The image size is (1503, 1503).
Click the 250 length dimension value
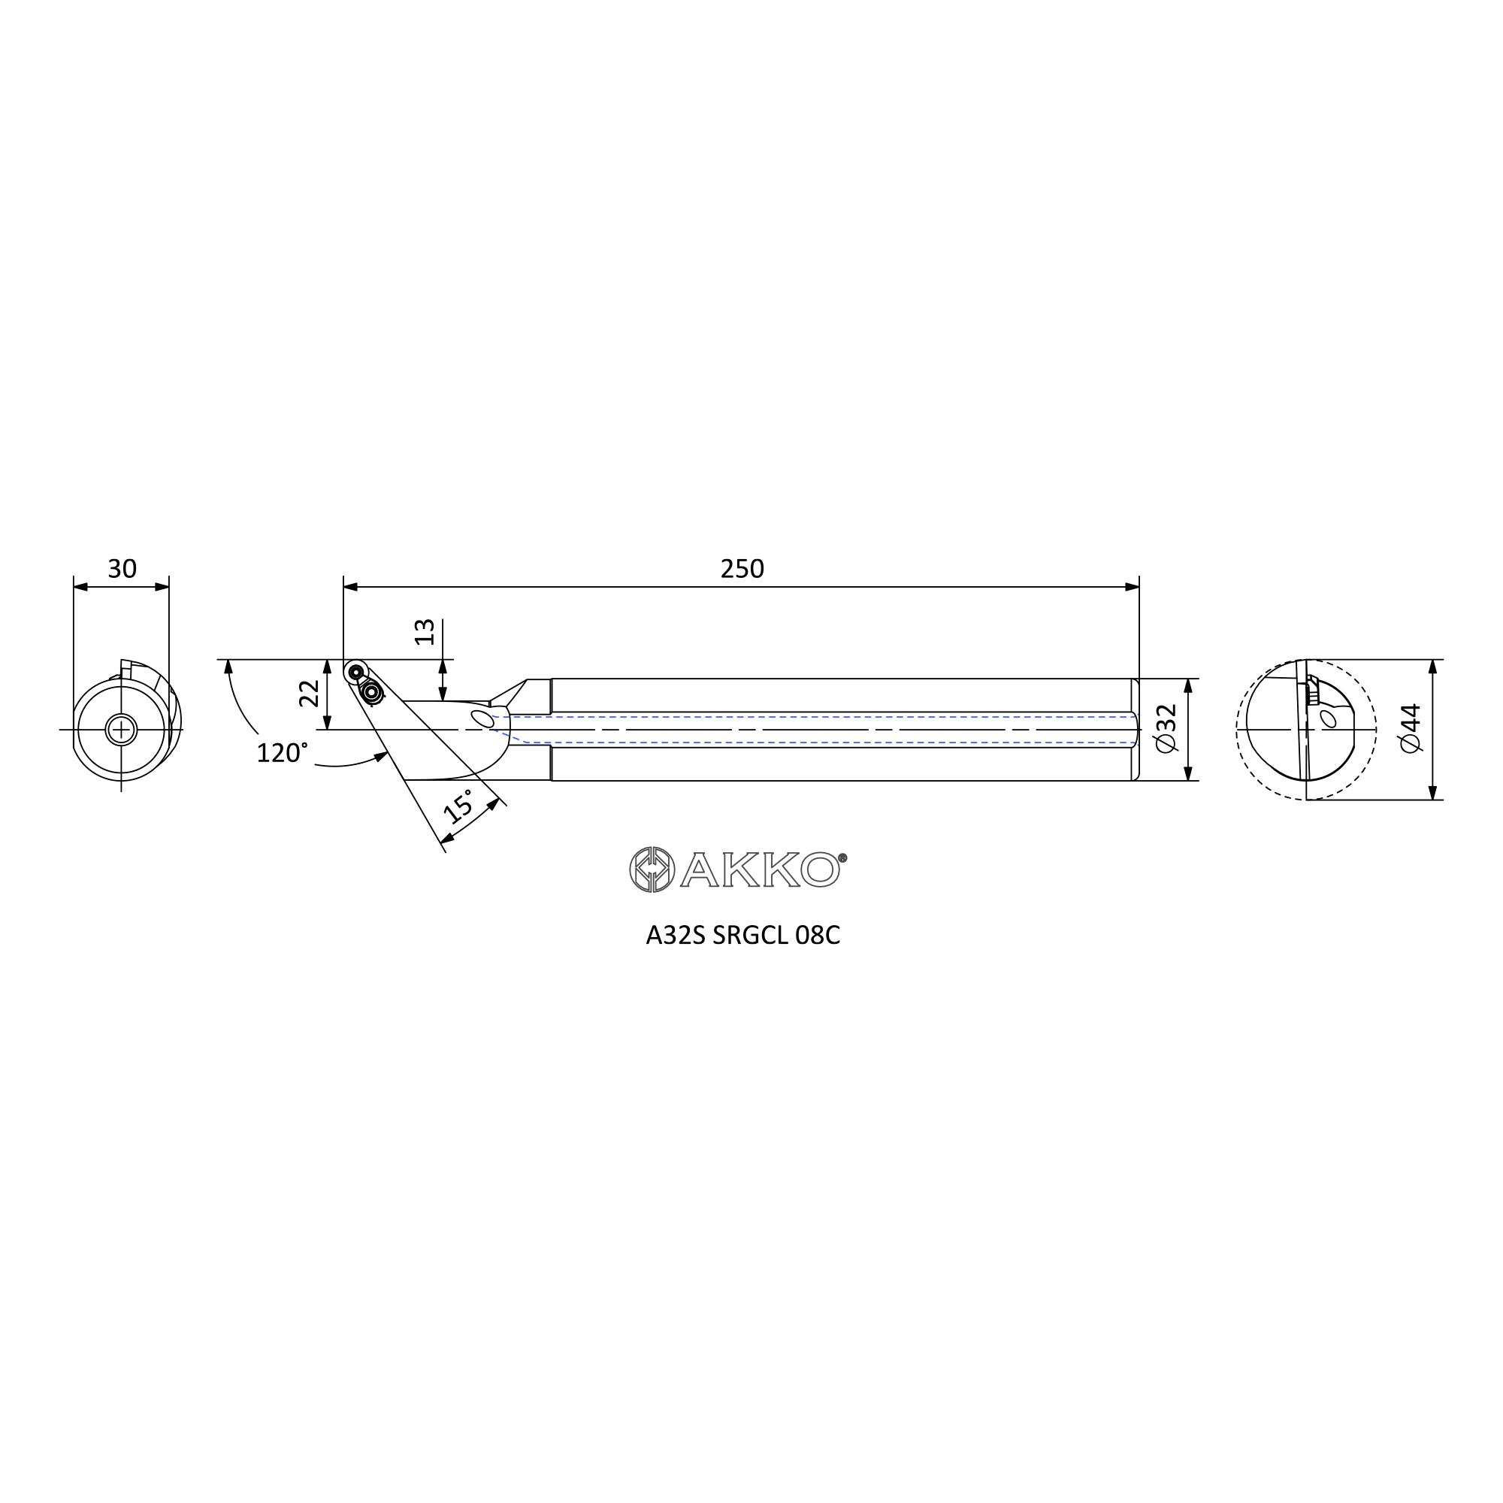click(742, 570)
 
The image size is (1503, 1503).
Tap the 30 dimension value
click(122, 570)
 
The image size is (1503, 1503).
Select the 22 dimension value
click(310, 692)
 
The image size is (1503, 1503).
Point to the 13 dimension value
click(425, 632)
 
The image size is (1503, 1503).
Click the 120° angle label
click(282, 752)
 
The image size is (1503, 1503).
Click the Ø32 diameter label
click(1167, 728)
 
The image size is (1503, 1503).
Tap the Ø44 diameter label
click(1410, 727)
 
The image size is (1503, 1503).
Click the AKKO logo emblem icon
click(652, 869)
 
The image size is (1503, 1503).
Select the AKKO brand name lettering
click(760, 869)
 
